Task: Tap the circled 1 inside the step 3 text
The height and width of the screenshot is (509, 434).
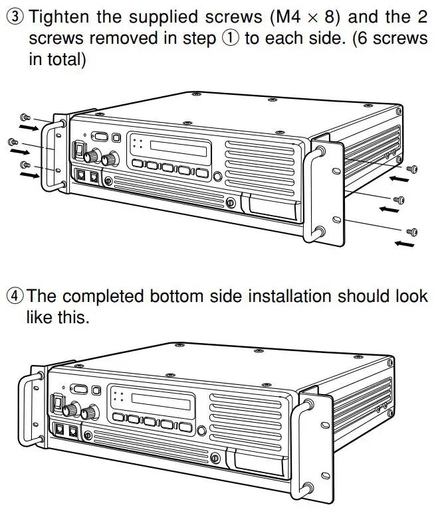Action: (x=231, y=38)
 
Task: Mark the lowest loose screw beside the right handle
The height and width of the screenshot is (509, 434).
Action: (x=412, y=230)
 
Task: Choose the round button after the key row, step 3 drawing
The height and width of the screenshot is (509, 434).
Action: (x=217, y=176)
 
